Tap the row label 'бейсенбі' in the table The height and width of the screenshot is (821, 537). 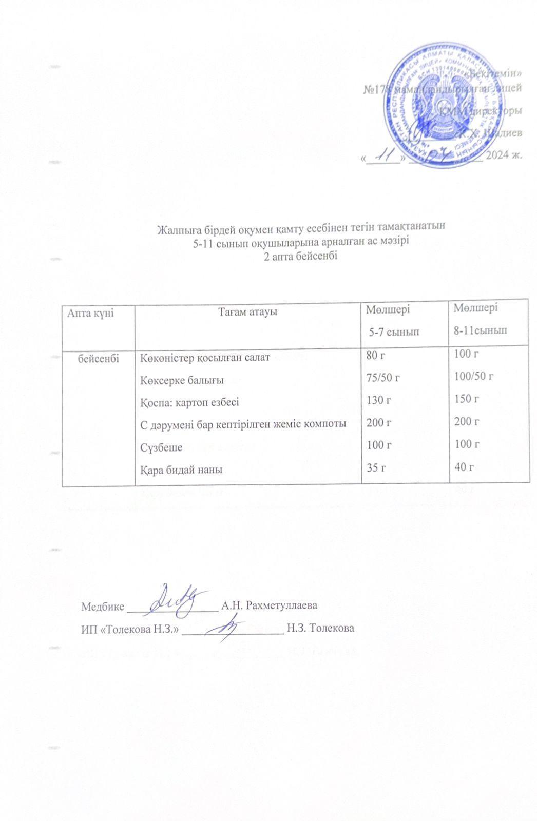[98, 358]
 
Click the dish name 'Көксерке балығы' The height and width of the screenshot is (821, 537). [182, 380]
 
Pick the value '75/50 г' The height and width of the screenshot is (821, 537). [382, 378]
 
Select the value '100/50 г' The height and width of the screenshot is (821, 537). [473, 377]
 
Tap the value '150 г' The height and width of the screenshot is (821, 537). [466, 399]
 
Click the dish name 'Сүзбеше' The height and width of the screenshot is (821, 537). [161, 447]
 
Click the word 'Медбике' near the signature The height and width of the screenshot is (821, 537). [103, 606]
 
